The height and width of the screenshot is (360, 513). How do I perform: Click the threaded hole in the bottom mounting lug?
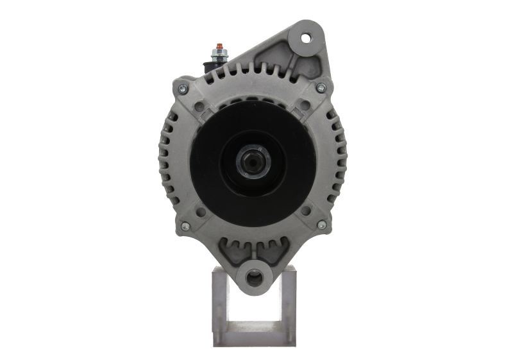(x=255, y=277)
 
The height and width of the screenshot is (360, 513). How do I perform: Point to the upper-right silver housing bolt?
(x=321, y=87)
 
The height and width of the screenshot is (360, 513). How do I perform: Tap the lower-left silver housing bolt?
(x=185, y=226)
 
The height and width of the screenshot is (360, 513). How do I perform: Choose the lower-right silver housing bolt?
(x=321, y=225)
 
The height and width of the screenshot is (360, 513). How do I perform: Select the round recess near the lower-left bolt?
(x=201, y=210)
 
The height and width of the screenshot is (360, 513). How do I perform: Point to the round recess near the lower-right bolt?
(x=306, y=210)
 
